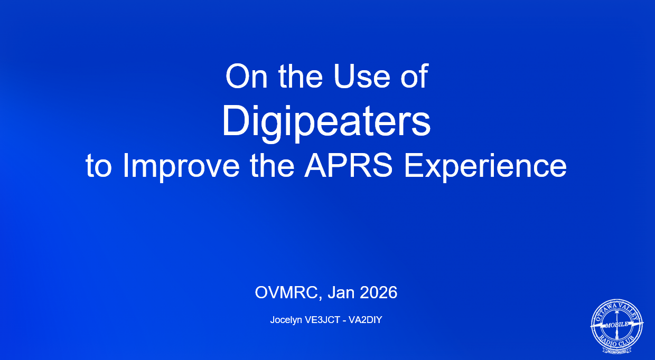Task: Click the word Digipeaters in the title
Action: [326, 122]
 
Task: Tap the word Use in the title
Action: [361, 77]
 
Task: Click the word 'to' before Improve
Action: [99, 166]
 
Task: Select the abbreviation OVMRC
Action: [287, 292]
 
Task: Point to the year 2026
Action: [379, 292]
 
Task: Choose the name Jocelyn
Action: [285, 320]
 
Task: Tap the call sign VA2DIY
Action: [363, 320]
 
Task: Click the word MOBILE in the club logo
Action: [616, 325]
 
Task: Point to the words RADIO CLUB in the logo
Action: [616, 340]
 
